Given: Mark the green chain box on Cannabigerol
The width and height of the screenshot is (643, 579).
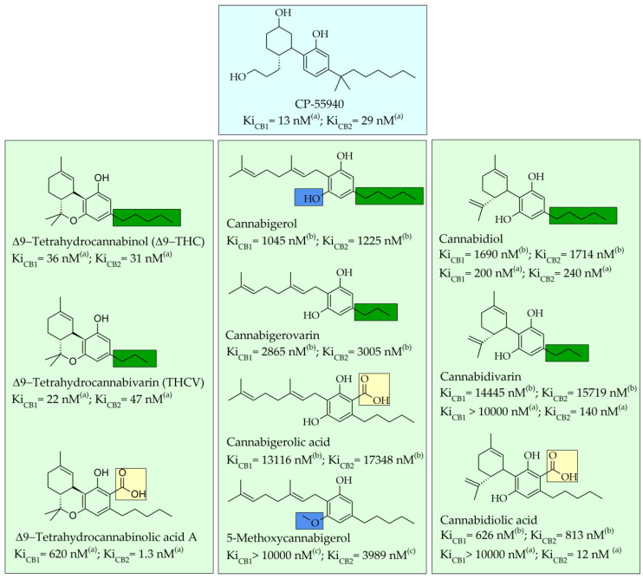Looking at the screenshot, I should tap(389, 198).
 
